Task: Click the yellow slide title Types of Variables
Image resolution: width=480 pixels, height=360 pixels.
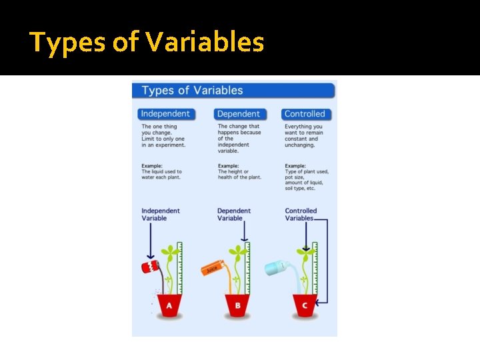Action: (147, 43)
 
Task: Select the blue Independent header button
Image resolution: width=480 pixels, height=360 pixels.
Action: (165, 114)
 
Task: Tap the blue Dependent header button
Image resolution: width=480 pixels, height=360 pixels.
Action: (239, 114)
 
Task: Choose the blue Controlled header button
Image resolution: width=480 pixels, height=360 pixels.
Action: (304, 114)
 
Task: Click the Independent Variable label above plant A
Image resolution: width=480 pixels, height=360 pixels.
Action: (161, 215)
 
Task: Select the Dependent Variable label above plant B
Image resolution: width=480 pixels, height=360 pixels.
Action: (234, 215)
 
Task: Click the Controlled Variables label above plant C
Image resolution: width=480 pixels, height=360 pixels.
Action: (301, 215)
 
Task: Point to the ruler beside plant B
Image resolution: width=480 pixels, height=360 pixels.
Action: (247, 267)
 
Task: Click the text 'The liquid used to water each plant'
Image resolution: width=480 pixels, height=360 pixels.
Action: (161, 174)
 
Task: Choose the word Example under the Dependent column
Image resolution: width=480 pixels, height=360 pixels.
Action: (229, 165)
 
